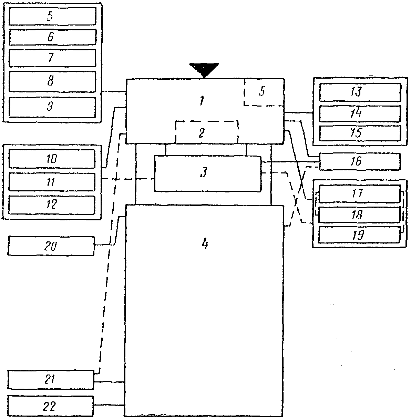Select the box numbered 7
(52, 58)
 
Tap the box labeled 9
(52, 107)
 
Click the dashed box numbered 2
(207, 132)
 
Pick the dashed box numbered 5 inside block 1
(264, 92)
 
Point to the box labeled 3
(208, 173)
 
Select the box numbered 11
(52, 182)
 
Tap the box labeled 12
(52, 205)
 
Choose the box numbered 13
(360, 92)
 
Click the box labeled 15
(360, 133)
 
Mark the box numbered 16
(360, 161)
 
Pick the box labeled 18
(359, 215)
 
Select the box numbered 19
(359, 235)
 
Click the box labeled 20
(51, 246)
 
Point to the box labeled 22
(50, 406)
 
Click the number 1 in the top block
(202, 101)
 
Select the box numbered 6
(53, 37)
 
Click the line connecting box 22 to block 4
(109, 405)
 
